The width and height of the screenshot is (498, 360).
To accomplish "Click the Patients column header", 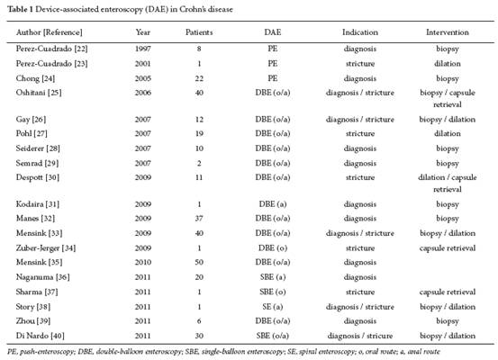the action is click(199, 32).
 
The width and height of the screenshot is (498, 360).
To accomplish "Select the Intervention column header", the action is click(448, 32).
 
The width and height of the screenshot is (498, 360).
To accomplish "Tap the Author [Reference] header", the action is click(50, 32).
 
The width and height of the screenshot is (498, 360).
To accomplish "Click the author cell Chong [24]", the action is click(35, 78).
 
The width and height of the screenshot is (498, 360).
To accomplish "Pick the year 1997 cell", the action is click(143, 49).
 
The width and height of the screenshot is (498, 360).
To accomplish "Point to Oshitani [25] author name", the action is click(39, 93).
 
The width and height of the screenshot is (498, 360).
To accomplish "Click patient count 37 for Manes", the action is click(199, 219).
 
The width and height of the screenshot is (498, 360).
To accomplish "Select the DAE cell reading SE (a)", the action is click(273, 307).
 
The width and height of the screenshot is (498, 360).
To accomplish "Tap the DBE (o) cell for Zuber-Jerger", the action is click(273, 248).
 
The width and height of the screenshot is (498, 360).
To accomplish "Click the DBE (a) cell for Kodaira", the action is click(273, 204).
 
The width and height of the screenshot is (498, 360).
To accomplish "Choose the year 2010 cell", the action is click(143, 262).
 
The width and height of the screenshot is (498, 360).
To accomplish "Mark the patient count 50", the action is click(199, 262).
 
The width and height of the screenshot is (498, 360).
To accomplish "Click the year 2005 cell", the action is click(143, 78).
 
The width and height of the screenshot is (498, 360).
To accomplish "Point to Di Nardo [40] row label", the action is click(40, 336).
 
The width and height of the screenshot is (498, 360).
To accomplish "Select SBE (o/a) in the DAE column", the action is click(273, 336).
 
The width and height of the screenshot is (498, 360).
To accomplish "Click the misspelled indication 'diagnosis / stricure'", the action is click(360, 336).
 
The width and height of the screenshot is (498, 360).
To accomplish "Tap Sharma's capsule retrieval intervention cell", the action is click(448, 292).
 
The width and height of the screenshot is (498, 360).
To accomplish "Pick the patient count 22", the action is click(199, 78).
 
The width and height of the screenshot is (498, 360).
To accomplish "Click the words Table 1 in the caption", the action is click(21, 9).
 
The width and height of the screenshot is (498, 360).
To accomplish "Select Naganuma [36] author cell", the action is click(43, 277).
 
